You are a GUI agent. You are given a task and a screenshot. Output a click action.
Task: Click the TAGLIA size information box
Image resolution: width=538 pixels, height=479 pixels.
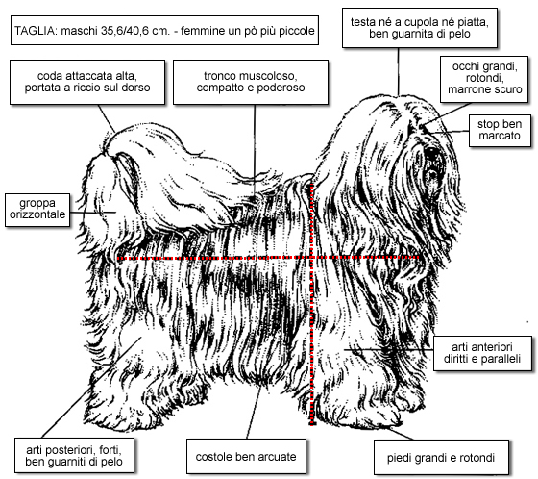[x=164, y=30]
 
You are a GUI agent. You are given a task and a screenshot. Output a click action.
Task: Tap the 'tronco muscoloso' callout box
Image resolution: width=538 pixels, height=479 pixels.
[x=251, y=83]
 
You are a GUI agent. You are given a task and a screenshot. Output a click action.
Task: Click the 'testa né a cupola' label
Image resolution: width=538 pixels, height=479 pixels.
[x=420, y=28]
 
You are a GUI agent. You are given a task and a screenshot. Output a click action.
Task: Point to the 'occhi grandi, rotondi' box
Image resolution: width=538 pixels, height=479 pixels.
[x=484, y=80]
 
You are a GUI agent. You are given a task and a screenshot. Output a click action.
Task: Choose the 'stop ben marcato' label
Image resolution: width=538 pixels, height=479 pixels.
[x=500, y=131]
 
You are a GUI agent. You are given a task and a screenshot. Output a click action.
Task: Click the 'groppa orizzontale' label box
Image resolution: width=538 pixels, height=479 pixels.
[x=37, y=210]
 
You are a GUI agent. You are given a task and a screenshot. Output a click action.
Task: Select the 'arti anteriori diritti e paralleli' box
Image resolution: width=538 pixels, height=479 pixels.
[x=482, y=353]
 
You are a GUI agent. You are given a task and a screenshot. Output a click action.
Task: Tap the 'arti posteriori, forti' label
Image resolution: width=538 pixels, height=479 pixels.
[x=74, y=456]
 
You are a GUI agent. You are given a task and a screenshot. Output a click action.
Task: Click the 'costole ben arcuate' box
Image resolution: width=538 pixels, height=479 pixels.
[x=246, y=456]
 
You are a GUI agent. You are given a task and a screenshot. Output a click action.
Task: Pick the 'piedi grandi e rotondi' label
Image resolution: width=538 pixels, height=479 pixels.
[x=441, y=457]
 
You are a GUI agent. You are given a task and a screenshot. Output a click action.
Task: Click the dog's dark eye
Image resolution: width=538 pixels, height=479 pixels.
[x=431, y=155]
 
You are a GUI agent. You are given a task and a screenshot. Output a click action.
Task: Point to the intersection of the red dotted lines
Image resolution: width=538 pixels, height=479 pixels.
[x=311, y=258]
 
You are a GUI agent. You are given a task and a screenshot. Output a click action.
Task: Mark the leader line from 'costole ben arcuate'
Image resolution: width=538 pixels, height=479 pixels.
[x=254, y=412]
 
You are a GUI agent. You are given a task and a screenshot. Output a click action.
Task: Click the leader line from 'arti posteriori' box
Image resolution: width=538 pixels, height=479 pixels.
[x=91, y=388]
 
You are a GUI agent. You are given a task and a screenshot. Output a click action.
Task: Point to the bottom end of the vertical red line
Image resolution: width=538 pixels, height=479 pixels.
[x=312, y=425]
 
